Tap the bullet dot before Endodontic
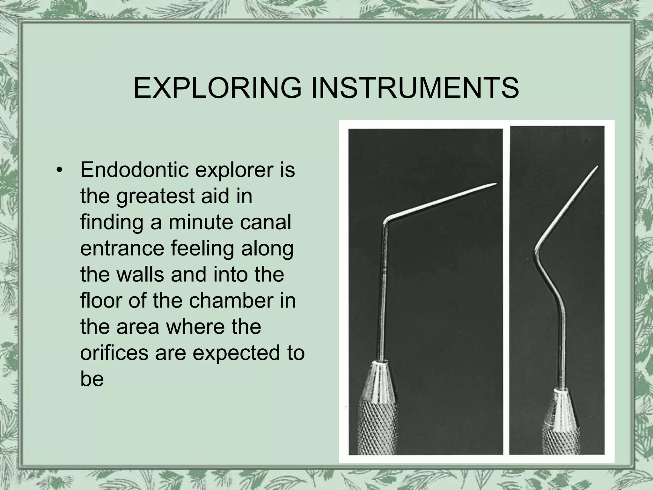pos(58,170)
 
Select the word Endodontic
pos(134,170)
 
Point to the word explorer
pos(234,170)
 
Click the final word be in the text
pos(92,379)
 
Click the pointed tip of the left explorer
pos(495,184)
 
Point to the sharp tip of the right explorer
pos(597,166)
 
